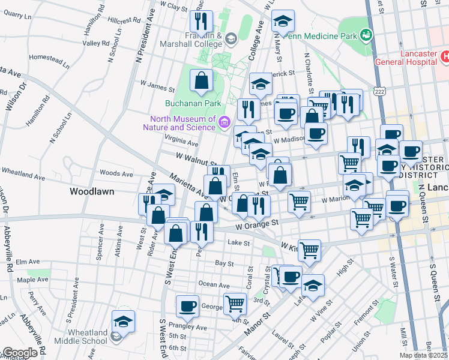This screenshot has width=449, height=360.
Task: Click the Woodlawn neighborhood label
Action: pos(89,191)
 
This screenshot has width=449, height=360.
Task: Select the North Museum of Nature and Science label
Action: pos(179,122)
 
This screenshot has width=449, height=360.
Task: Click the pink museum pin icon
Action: pos(224,122)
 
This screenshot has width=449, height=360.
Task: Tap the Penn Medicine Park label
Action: pos(321,35)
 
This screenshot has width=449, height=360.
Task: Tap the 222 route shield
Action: pos(378,91)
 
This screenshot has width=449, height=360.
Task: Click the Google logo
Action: pos(20,353)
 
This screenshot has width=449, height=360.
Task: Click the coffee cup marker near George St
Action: pos(187,306)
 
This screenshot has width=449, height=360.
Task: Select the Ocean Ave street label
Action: pos(214,285)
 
